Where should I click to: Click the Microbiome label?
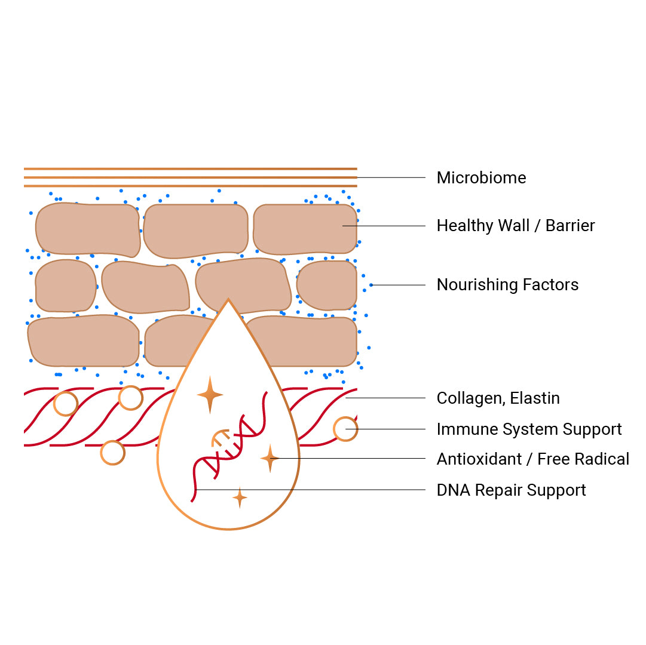481,178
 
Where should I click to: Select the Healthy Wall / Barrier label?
515,226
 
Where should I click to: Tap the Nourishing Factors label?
507,285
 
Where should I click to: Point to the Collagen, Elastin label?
498,398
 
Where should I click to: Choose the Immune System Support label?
529,429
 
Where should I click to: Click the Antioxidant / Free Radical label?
532,459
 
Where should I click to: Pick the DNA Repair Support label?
511,490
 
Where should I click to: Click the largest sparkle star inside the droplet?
210,395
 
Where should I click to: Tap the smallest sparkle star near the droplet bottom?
240,497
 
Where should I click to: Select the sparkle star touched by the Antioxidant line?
270,459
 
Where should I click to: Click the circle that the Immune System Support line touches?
345,429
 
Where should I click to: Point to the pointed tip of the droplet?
228,300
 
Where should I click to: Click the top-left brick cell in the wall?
87,229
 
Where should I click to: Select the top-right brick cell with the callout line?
305,229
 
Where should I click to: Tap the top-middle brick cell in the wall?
195,230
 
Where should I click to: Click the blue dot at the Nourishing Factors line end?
371,285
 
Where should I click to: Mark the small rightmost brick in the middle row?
326,285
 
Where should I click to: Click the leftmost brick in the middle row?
65,285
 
